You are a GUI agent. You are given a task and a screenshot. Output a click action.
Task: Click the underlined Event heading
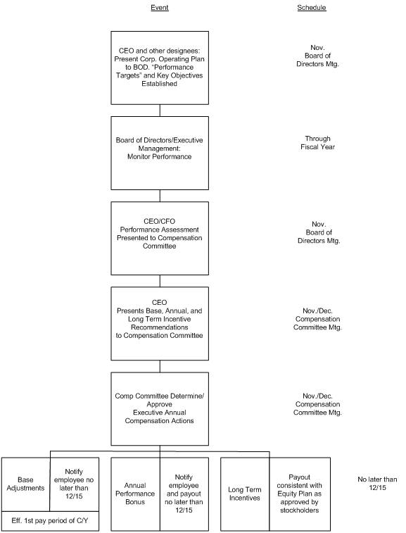point(159,8)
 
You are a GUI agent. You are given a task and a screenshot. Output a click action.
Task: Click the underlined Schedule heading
point(312,8)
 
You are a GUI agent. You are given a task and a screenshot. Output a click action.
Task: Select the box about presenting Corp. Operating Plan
point(160,68)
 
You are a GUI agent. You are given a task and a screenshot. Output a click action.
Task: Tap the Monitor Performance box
point(160,153)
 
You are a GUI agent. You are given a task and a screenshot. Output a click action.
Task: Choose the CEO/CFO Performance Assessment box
point(160,238)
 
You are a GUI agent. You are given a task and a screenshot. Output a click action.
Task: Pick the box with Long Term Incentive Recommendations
point(160,324)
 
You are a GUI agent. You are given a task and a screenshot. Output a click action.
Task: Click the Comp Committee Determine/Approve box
point(160,409)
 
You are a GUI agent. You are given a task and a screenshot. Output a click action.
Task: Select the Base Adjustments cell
point(26,484)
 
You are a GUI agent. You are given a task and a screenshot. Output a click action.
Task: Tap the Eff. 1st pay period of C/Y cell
point(50,521)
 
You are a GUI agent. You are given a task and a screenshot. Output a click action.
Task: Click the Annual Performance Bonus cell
point(135,494)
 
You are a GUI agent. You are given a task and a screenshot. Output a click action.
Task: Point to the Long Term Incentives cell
point(245,494)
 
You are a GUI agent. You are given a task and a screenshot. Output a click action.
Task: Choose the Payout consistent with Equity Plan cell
point(300,494)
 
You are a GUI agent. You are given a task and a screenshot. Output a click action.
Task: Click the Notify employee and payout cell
point(184,494)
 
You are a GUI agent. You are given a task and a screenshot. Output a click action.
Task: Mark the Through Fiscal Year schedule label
point(317,143)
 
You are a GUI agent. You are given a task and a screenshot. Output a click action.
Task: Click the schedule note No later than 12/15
point(377,484)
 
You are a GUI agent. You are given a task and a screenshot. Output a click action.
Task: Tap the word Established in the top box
point(159,84)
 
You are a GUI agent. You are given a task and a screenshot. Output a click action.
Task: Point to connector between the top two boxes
point(160,111)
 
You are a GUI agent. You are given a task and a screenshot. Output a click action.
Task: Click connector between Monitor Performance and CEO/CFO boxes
point(160,196)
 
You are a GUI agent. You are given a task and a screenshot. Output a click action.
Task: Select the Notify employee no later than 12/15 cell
point(75,484)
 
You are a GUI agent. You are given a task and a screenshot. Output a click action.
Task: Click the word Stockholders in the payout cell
point(300,510)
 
